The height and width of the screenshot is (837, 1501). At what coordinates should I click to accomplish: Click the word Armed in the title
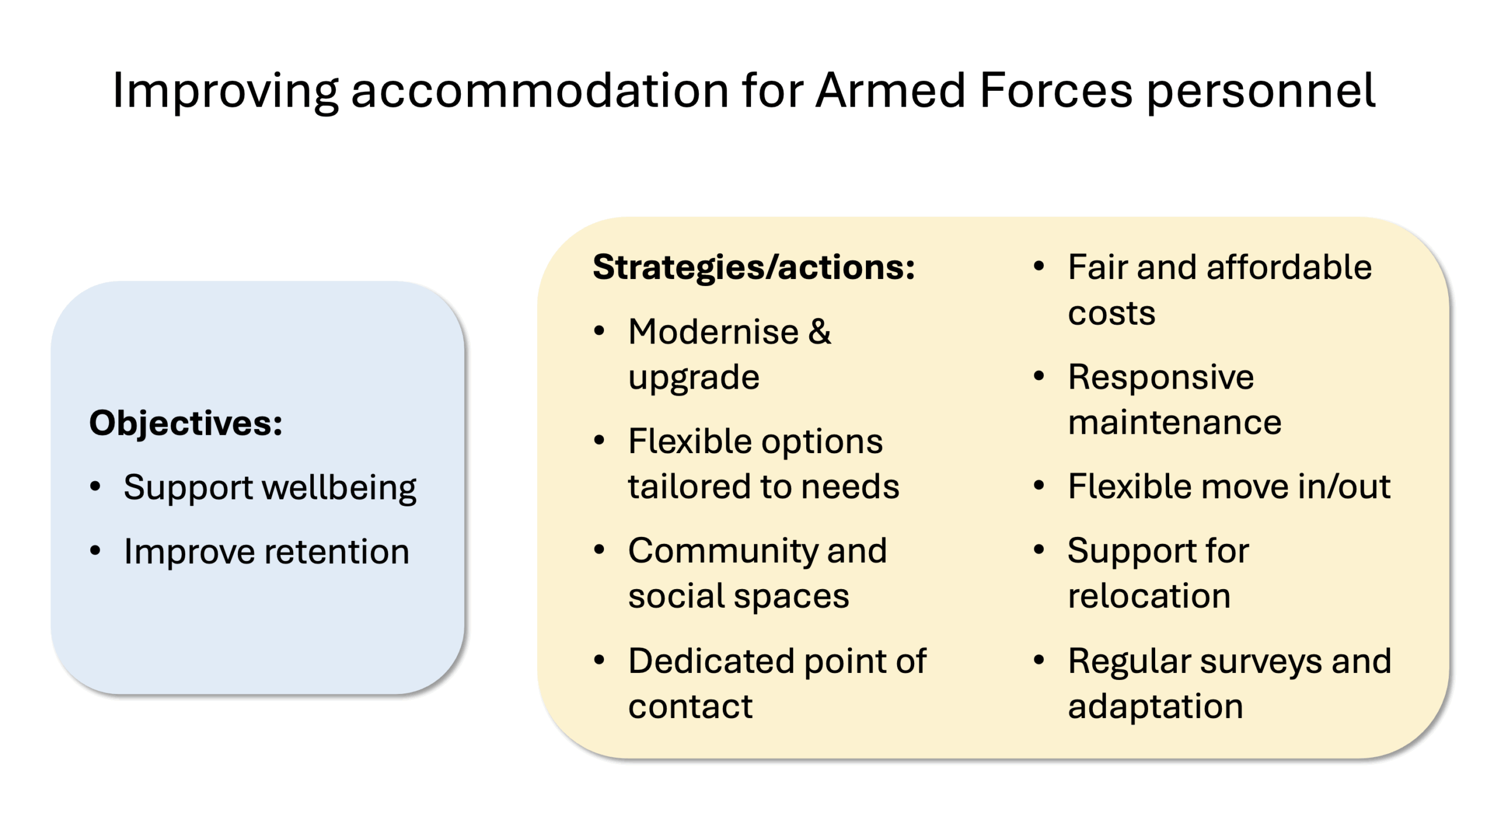890,90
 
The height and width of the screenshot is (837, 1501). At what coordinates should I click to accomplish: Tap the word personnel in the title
1261,93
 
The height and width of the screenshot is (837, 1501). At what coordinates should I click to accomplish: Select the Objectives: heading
186,424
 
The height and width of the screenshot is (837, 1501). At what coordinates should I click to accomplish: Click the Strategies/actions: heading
753,267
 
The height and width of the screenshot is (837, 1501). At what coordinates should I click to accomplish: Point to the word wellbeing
339,488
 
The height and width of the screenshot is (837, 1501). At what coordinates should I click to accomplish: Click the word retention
337,552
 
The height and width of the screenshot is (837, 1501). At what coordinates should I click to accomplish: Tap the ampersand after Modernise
819,332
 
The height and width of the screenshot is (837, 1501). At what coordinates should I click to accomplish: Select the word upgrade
694,379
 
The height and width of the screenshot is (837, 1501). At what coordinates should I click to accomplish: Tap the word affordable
1289,267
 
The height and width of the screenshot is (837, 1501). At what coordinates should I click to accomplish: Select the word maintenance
1174,422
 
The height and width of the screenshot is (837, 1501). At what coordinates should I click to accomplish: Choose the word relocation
1149,596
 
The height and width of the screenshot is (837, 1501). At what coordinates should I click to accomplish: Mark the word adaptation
1155,707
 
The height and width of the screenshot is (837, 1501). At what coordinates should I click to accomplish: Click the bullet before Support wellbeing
96,486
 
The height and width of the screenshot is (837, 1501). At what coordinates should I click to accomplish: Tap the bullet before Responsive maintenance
1039,376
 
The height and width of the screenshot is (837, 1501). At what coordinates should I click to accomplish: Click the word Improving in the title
225,91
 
